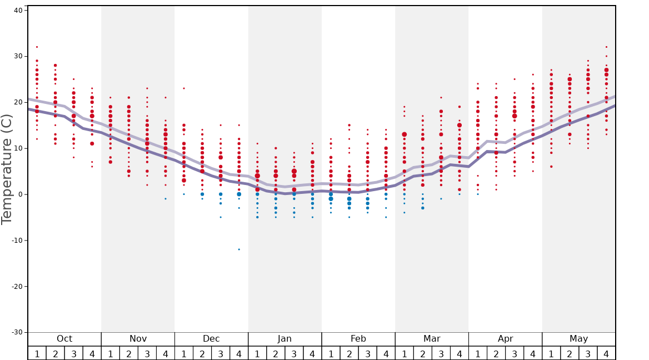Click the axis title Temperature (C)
pyautogui.click(x=7, y=169)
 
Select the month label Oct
pyautogui.click(x=64, y=339)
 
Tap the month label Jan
pyautogui.click(x=284, y=339)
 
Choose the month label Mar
pyautogui.click(x=432, y=339)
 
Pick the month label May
pyautogui.click(x=578, y=339)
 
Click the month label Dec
pyautogui.click(x=211, y=339)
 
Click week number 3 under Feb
pyautogui.click(x=367, y=353)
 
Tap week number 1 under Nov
pyautogui.click(x=111, y=353)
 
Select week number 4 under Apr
pyautogui.click(x=533, y=353)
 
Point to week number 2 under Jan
pyautogui.click(x=276, y=353)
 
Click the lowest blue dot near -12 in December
pyautogui.click(x=239, y=249)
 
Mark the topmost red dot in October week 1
pyautogui.click(x=37, y=47)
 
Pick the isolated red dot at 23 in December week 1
pyautogui.click(x=184, y=88)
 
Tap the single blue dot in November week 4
pyautogui.click(x=166, y=199)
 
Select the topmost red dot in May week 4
pyautogui.click(x=606, y=47)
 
